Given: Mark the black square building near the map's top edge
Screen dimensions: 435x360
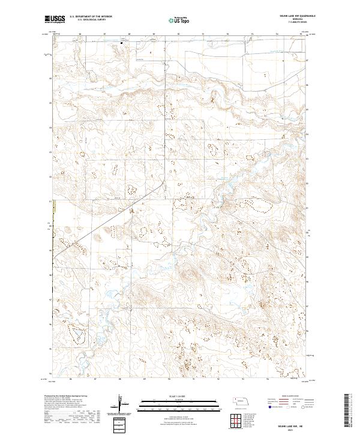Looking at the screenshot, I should click(x=122, y=43).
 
